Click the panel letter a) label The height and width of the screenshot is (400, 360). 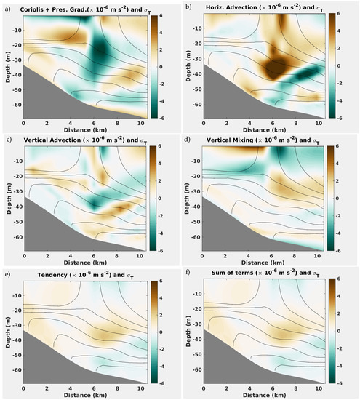coord(7,6)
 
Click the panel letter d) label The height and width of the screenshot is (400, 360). coord(188,139)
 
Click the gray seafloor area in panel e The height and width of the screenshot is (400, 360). coord(44,367)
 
